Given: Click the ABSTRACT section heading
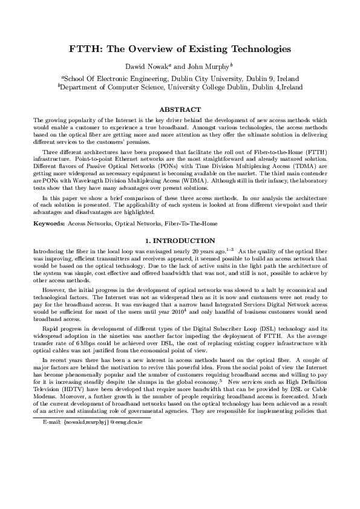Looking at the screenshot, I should [x=179, y=109].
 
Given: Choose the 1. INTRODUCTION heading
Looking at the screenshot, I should [x=179, y=241].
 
